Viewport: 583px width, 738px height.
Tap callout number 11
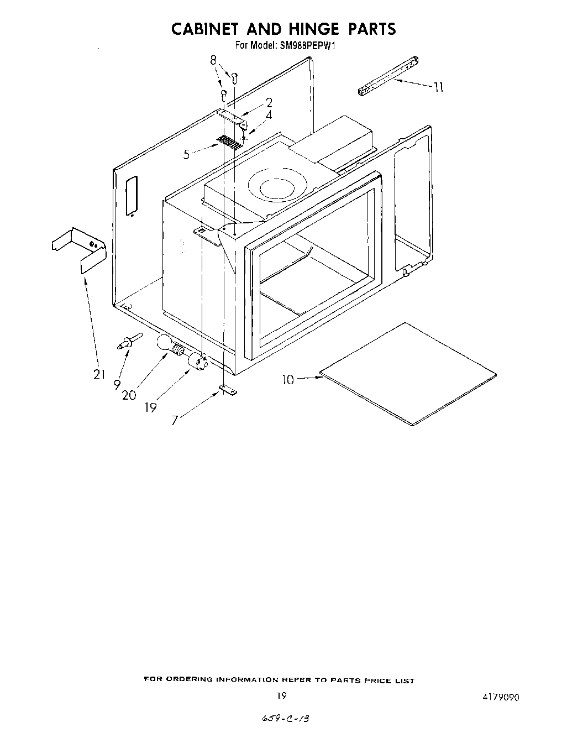point(439,87)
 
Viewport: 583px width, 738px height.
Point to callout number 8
point(214,61)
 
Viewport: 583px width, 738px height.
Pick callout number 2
point(269,102)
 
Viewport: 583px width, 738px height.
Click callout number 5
point(187,155)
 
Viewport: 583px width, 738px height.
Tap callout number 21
point(99,375)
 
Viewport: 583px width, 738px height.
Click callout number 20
point(129,395)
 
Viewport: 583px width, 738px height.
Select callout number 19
point(150,407)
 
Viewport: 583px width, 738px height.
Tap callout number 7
point(175,420)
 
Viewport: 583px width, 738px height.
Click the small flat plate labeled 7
point(227,390)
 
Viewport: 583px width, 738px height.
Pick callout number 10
point(288,379)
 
